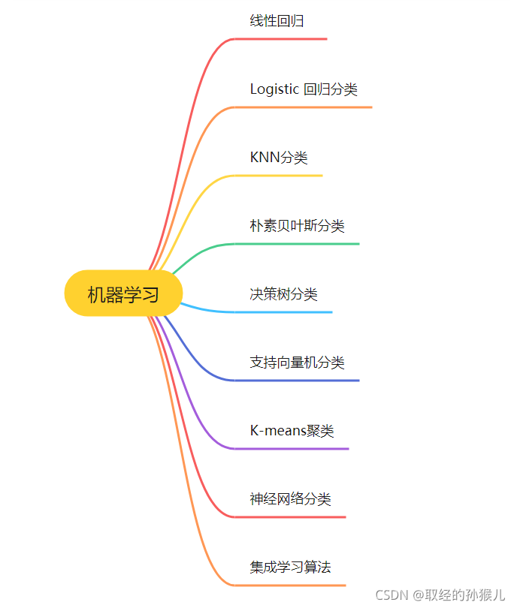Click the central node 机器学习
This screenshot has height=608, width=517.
123,293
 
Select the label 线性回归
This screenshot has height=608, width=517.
277,21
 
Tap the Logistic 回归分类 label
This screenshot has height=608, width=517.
303,89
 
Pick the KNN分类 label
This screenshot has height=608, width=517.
279,158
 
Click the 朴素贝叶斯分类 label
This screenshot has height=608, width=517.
297,226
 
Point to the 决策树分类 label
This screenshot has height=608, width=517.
283,294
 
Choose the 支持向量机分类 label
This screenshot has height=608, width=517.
297,363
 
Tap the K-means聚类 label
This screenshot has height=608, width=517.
292,431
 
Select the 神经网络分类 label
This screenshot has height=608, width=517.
290,499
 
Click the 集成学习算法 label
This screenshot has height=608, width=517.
290,567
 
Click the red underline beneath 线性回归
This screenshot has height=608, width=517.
281,38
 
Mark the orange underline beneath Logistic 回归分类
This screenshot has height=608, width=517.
304,107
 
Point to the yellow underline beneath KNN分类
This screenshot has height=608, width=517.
279,176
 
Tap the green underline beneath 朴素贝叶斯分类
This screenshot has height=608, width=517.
297,244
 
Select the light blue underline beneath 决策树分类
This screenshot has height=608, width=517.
283,312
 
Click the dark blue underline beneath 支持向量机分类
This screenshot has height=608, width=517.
297,381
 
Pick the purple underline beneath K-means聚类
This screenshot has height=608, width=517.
292,449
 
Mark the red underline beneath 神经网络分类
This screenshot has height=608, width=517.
290,516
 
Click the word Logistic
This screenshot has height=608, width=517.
274,89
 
